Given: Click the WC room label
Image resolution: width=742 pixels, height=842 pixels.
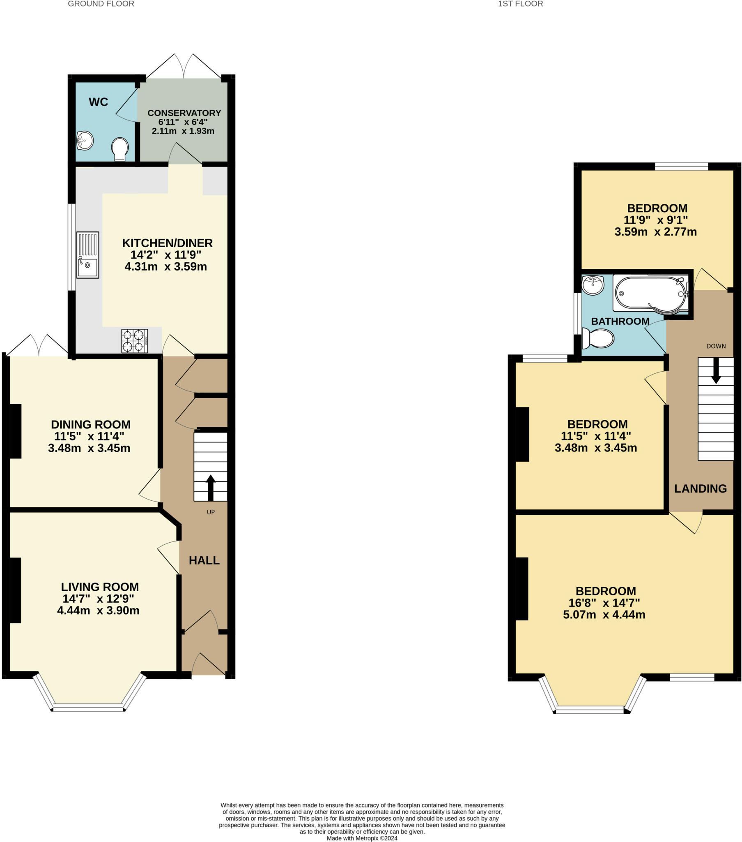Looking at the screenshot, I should [x=99, y=102].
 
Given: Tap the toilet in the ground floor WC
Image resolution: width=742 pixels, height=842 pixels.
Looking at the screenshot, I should [x=120, y=149].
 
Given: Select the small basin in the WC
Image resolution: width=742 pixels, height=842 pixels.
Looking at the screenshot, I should [x=85, y=141].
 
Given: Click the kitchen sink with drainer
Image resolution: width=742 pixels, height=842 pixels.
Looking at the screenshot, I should [x=87, y=254].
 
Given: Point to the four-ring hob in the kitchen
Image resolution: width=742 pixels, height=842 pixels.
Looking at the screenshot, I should [x=134, y=341].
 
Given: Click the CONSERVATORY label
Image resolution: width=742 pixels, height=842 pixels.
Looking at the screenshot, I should [x=184, y=113].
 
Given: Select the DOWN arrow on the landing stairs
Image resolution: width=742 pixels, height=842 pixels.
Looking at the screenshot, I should [x=716, y=370].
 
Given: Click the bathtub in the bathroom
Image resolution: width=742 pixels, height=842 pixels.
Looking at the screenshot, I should [x=650, y=293].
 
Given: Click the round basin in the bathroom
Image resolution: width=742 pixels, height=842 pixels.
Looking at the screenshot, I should [x=593, y=285].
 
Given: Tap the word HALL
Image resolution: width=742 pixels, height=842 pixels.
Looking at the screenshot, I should [x=204, y=560].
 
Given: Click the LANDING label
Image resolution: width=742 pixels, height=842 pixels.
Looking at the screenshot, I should [x=700, y=488].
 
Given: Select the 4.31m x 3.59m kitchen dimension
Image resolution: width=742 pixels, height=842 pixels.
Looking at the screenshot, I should [x=165, y=266].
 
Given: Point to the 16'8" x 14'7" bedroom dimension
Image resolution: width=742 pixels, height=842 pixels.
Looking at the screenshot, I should [x=604, y=603].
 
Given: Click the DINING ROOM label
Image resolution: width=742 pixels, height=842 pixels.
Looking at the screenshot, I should [x=90, y=424].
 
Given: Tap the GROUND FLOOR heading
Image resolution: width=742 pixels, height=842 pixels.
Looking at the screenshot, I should [x=101, y=4].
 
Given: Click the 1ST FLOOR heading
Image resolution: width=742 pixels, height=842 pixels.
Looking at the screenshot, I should [x=520, y=4].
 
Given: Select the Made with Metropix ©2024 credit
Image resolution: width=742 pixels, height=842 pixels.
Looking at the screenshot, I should [x=362, y=838].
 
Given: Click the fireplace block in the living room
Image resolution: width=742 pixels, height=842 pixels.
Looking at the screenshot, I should [x=15, y=590].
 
